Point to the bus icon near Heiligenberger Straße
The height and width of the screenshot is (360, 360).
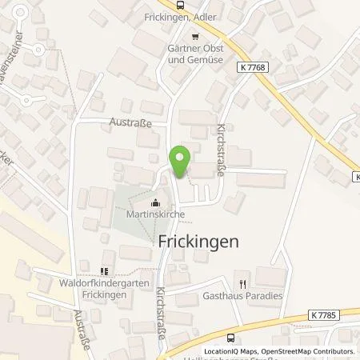point(232,337)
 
